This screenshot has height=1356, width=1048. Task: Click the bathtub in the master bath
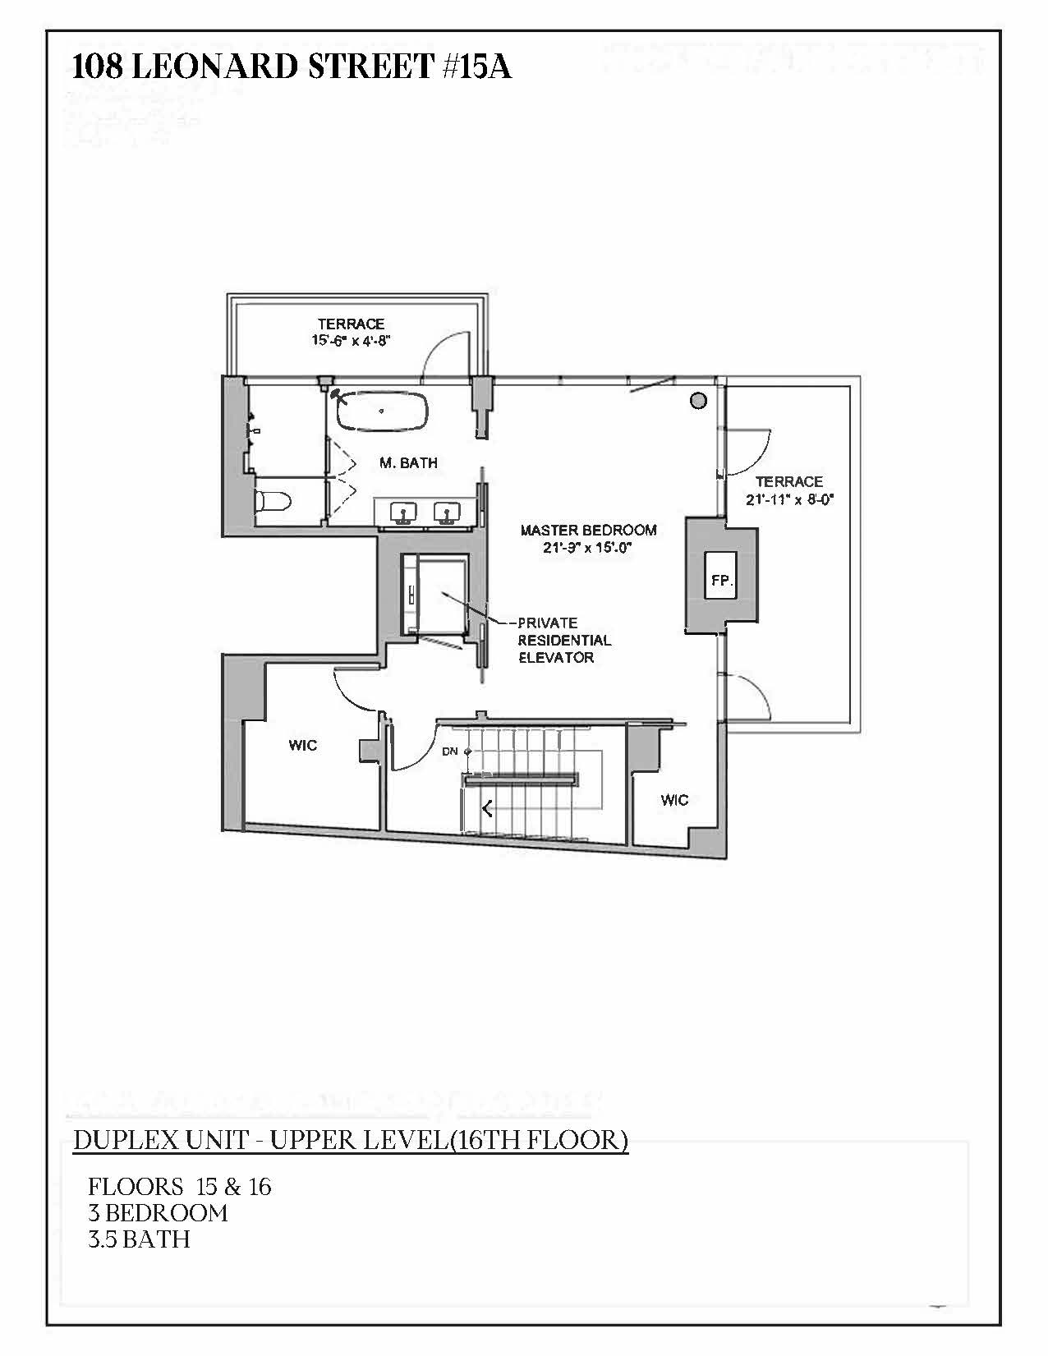(383, 410)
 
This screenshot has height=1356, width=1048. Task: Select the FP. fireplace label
(722, 581)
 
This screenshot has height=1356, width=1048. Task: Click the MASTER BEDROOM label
(588, 530)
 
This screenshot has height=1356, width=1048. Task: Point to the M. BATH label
(408, 463)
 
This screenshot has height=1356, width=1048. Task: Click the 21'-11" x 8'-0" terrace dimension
(789, 499)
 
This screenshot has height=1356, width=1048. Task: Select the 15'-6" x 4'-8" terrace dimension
(350, 340)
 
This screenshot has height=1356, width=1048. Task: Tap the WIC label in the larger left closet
(302, 745)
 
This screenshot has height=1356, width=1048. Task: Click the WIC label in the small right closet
(674, 800)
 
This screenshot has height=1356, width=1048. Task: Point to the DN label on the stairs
(449, 751)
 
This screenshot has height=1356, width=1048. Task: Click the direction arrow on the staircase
(487, 809)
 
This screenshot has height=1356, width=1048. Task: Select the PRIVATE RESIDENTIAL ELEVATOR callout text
(563, 640)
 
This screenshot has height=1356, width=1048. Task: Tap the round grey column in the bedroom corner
(698, 400)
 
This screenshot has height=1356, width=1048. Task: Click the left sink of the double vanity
(404, 513)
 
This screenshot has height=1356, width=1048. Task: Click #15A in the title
(477, 67)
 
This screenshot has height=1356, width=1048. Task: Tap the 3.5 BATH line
(139, 1239)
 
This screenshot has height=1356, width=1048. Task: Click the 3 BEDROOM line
(158, 1213)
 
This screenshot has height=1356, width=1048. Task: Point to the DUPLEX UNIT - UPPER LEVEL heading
(351, 1141)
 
